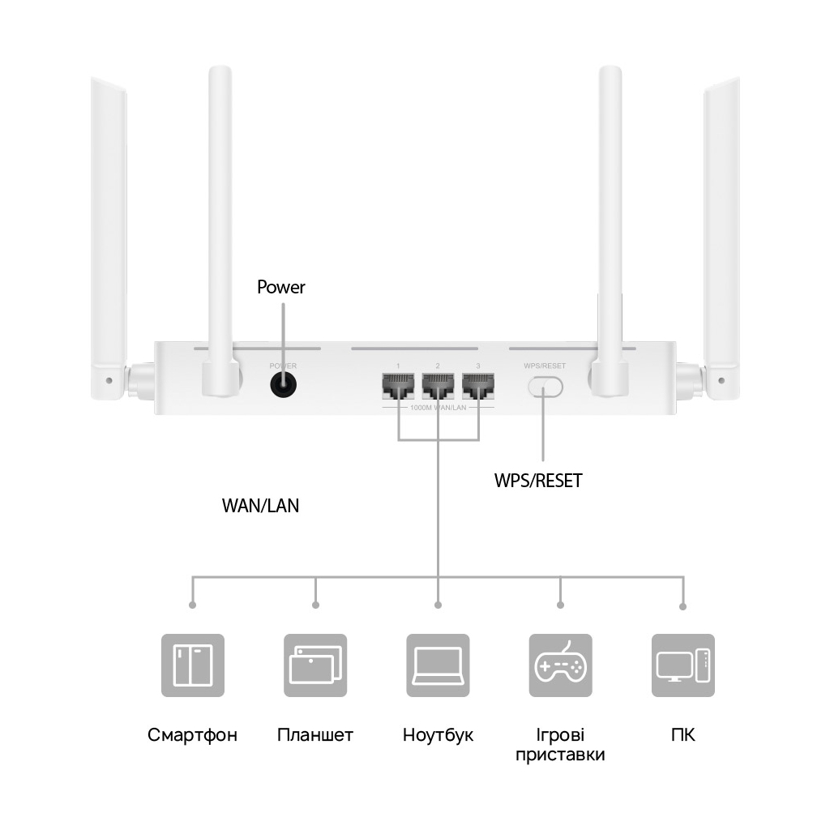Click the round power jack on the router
click(282, 387)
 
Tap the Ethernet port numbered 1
click(398, 387)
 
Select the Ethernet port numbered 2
click(438, 387)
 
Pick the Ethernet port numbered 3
click(478, 387)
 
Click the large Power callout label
click(281, 287)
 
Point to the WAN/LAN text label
click(260, 506)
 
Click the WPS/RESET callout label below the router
click(538, 481)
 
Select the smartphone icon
click(192, 665)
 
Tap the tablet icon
click(314, 665)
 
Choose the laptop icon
click(438, 665)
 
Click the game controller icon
click(560, 665)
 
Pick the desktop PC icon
click(683, 665)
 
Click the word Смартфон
click(192, 735)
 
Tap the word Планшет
click(314, 735)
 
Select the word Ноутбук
click(438, 735)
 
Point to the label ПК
click(683, 735)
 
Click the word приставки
click(560, 755)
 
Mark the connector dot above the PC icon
click(683, 606)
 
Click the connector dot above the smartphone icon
click(192, 605)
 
